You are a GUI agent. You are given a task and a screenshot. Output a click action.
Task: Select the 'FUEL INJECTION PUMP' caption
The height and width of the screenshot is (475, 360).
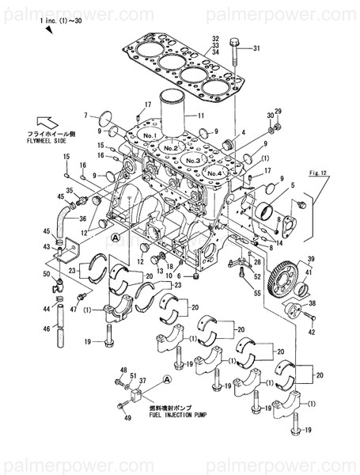[182, 414]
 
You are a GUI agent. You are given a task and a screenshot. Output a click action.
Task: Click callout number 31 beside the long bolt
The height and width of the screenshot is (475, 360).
[255, 49]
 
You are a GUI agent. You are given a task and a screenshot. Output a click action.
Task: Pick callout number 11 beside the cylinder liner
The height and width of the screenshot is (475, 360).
[202, 116]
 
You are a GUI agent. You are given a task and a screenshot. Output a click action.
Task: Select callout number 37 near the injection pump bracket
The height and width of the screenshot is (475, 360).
[143, 382]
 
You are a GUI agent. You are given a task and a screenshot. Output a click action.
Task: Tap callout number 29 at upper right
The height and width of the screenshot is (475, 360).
[278, 112]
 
